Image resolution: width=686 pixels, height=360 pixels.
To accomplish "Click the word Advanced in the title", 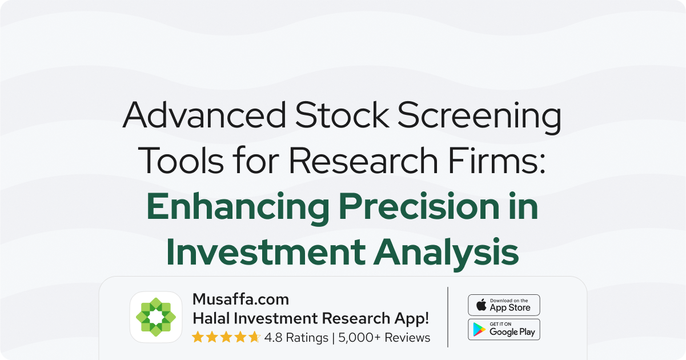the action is click(204, 115).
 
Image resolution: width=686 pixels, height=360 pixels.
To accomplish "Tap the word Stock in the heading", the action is click(342, 115).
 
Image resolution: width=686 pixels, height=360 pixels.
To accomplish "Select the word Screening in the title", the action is click(480, 118).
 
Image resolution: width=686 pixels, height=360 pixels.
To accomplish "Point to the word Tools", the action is click(180, 161).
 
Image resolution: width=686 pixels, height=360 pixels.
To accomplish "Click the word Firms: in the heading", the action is click(497, 161).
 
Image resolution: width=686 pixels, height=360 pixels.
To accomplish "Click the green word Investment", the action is click(266, 252).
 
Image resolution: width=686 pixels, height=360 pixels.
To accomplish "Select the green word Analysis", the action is click(446, 254).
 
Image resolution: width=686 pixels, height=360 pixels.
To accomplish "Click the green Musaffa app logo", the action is click(156, 317).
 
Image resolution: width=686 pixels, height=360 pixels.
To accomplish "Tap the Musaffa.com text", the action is click(240, 299).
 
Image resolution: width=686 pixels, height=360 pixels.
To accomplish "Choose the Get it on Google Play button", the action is click(504, 330).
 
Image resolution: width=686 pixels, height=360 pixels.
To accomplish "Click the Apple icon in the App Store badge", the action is click(482, 305).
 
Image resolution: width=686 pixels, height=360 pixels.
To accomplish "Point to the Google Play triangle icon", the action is click(479, 330).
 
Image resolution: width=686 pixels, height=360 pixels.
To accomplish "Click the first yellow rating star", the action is click(198, 337).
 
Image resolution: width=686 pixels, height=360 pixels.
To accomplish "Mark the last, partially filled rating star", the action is click(254, 337).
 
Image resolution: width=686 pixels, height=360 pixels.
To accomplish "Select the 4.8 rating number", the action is click(273, 338).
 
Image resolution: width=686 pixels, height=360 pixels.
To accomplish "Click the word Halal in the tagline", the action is click(211, 318).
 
